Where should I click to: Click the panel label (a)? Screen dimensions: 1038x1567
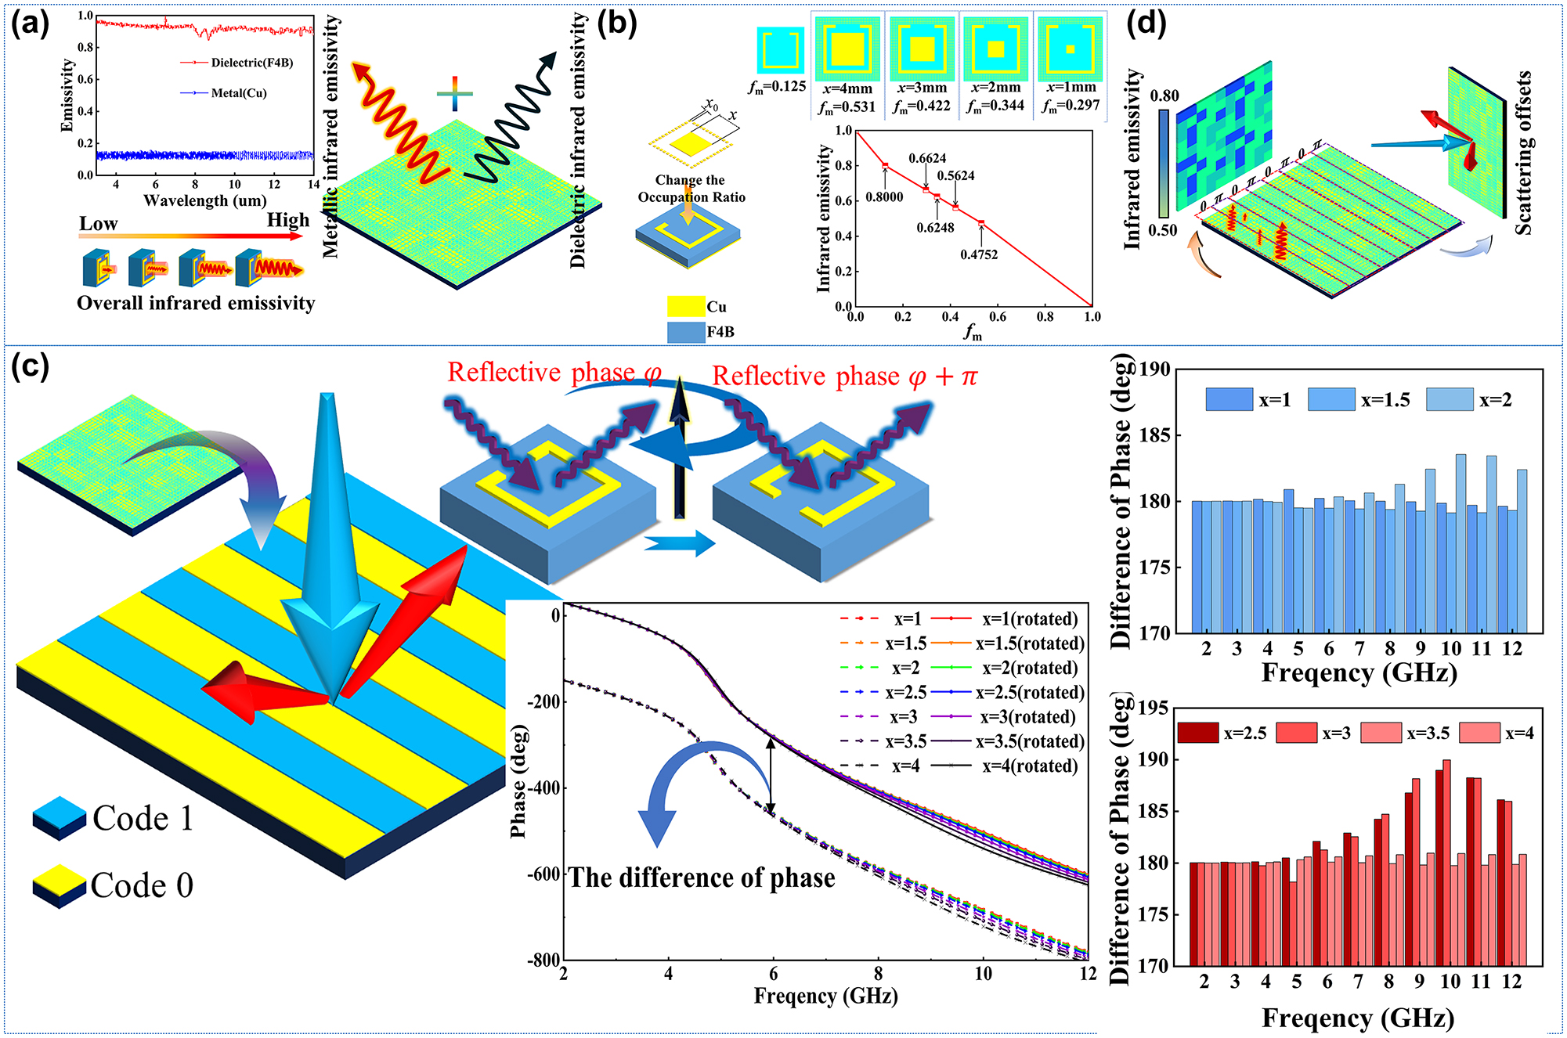click(30, 25)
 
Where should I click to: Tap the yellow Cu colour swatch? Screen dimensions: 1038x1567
click(685, 306)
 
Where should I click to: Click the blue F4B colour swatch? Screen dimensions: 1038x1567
click(685, 332)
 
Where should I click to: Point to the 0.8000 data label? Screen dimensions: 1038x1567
click(884, 197)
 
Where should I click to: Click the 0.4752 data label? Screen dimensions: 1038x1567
click(979, 254)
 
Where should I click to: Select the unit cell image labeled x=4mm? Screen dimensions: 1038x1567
click(847, 49)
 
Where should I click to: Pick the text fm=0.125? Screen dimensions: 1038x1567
click(778, 87)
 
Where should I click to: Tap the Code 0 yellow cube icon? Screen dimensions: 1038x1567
click(59, 885)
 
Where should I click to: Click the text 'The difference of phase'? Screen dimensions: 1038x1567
click(702, 878)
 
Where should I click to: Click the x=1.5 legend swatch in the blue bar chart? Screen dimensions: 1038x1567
click(1331, 400)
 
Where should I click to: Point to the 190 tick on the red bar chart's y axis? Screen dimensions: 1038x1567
click(1153, 759)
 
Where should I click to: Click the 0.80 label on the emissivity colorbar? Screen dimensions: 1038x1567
click(1164, 96)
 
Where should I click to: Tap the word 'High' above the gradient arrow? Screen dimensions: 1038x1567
click(288, 220)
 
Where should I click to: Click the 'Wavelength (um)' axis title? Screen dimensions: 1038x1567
click(205, 200)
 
